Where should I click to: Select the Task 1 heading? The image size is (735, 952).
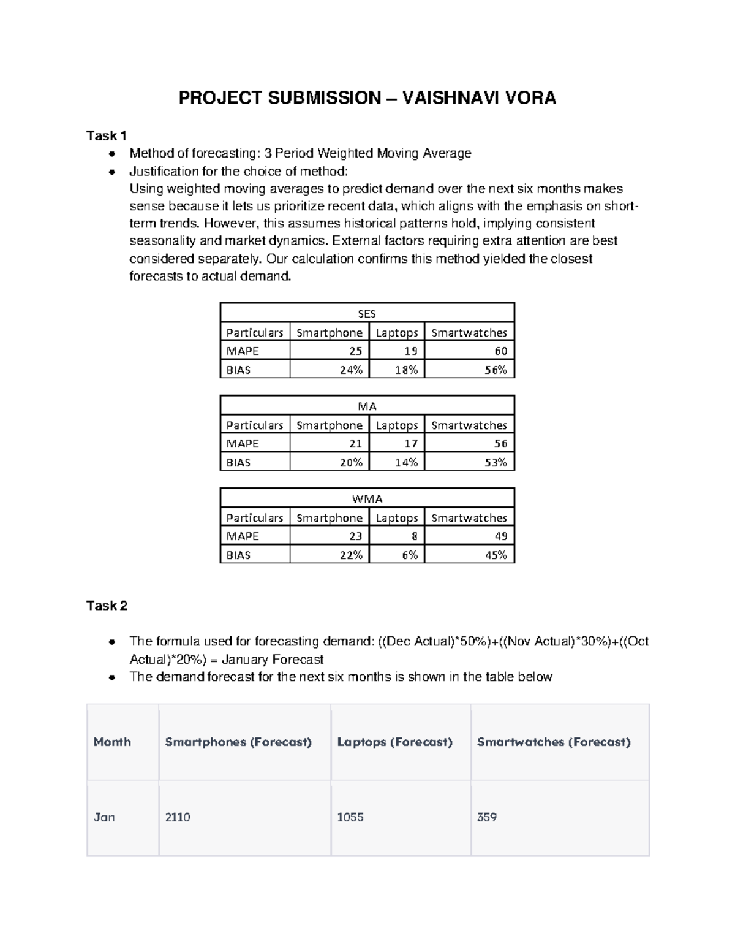107,135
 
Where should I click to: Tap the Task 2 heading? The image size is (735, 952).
107,606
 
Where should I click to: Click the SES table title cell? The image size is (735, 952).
367,313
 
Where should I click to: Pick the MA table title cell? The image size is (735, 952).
367,406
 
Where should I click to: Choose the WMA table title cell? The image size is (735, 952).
367,498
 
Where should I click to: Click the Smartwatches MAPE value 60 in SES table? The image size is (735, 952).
500,351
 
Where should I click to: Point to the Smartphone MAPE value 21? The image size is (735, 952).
355,443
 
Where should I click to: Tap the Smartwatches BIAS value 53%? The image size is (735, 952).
496,462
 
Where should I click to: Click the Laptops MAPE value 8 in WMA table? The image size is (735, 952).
414,536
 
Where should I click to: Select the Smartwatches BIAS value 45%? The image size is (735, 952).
496,555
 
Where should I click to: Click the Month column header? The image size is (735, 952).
112,742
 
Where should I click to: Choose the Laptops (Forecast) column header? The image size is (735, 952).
394,742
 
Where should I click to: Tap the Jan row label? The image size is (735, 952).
104,817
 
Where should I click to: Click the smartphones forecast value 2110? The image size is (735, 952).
178,817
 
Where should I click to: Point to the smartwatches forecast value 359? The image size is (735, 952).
487,817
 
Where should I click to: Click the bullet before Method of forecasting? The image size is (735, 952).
111,154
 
